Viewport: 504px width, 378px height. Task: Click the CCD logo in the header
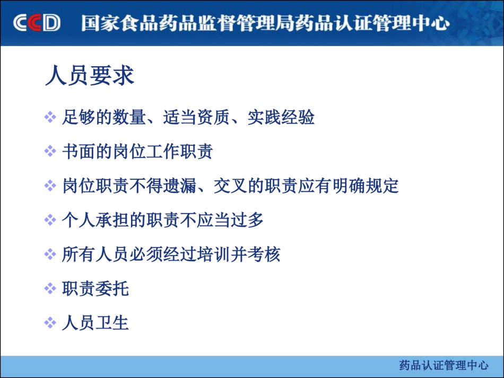[37, 22]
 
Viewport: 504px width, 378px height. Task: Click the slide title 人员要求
[90, 76]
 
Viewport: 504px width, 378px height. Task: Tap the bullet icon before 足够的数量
[50, 117]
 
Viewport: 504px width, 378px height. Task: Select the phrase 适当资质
[197, 117]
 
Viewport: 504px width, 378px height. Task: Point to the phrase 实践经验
[281, 117]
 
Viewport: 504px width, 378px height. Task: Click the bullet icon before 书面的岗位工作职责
[50, 151]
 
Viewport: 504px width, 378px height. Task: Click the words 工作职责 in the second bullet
[179, 151]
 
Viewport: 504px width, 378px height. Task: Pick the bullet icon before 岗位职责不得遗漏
[50, 186]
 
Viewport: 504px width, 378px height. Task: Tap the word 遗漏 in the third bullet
[179, 186]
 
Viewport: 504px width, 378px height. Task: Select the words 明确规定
[366, 186]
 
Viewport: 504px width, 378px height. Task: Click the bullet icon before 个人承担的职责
[50, 219]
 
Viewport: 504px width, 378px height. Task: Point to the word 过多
[247, 220]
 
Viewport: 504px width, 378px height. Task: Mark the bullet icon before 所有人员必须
[50, 254]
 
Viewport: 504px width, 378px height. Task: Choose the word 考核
[264, 254]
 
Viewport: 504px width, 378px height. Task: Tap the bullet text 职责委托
[95, 288]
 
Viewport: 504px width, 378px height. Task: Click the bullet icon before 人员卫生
[50, 322]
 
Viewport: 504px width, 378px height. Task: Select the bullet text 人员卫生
[95, 323]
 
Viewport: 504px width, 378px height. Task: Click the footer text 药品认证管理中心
[444, 365]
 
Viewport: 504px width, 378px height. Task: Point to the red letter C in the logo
[35, 22]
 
